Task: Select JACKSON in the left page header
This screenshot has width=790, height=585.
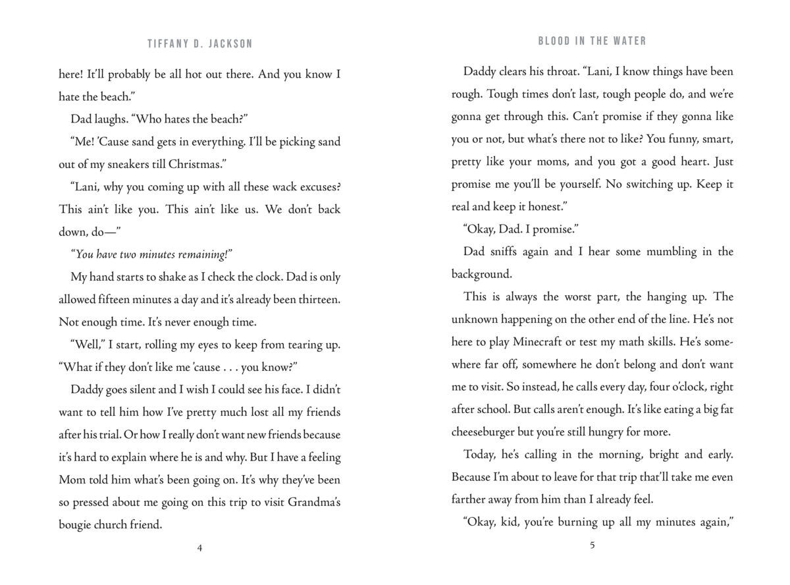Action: point(230,44)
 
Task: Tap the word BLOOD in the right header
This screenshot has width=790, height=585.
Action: point(554,41)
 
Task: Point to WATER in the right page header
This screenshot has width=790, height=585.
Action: point(629,41)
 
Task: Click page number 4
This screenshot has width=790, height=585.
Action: point(199,549)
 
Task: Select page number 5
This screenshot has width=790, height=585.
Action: point(592,544)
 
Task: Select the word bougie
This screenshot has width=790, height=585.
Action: point(77,525)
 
